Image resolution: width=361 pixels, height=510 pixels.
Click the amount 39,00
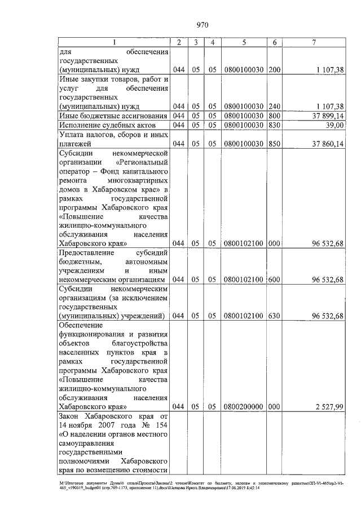click(x=333, y=125)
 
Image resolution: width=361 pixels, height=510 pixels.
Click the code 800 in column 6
click(x=274, y=116)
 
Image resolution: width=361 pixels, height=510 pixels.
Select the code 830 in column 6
click(x=274, y=125)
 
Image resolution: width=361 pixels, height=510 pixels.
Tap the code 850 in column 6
click(x=274, y=144)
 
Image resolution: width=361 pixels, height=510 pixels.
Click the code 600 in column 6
click(x=274, y=279)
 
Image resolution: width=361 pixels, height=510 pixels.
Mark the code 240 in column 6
click(x=274, y=106)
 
